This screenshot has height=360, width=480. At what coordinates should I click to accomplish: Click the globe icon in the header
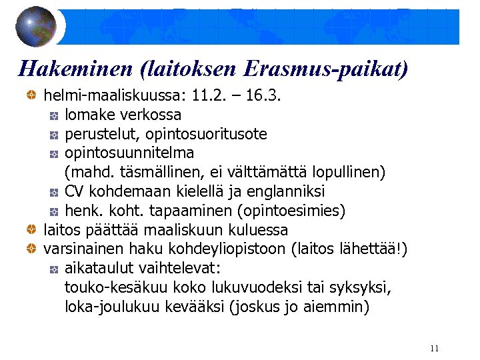[37, 27]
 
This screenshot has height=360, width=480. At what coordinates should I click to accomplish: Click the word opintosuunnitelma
[129, 153]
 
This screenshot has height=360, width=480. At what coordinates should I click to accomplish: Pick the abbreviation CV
[75, 192]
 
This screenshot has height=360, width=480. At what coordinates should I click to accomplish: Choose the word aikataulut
[99, 269]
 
